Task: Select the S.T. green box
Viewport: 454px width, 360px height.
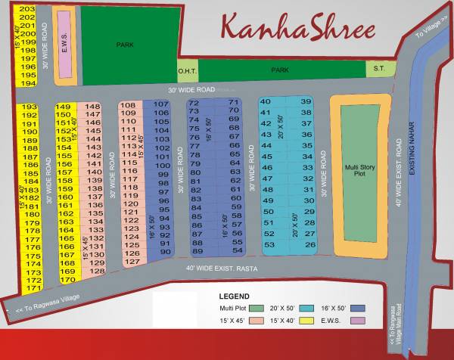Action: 377,70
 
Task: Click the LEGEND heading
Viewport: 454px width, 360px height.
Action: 234,296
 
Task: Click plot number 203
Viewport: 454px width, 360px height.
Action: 27,8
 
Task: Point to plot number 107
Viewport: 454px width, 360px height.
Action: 160,104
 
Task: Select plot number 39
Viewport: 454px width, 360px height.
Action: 306,101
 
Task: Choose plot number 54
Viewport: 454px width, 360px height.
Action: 237,250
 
